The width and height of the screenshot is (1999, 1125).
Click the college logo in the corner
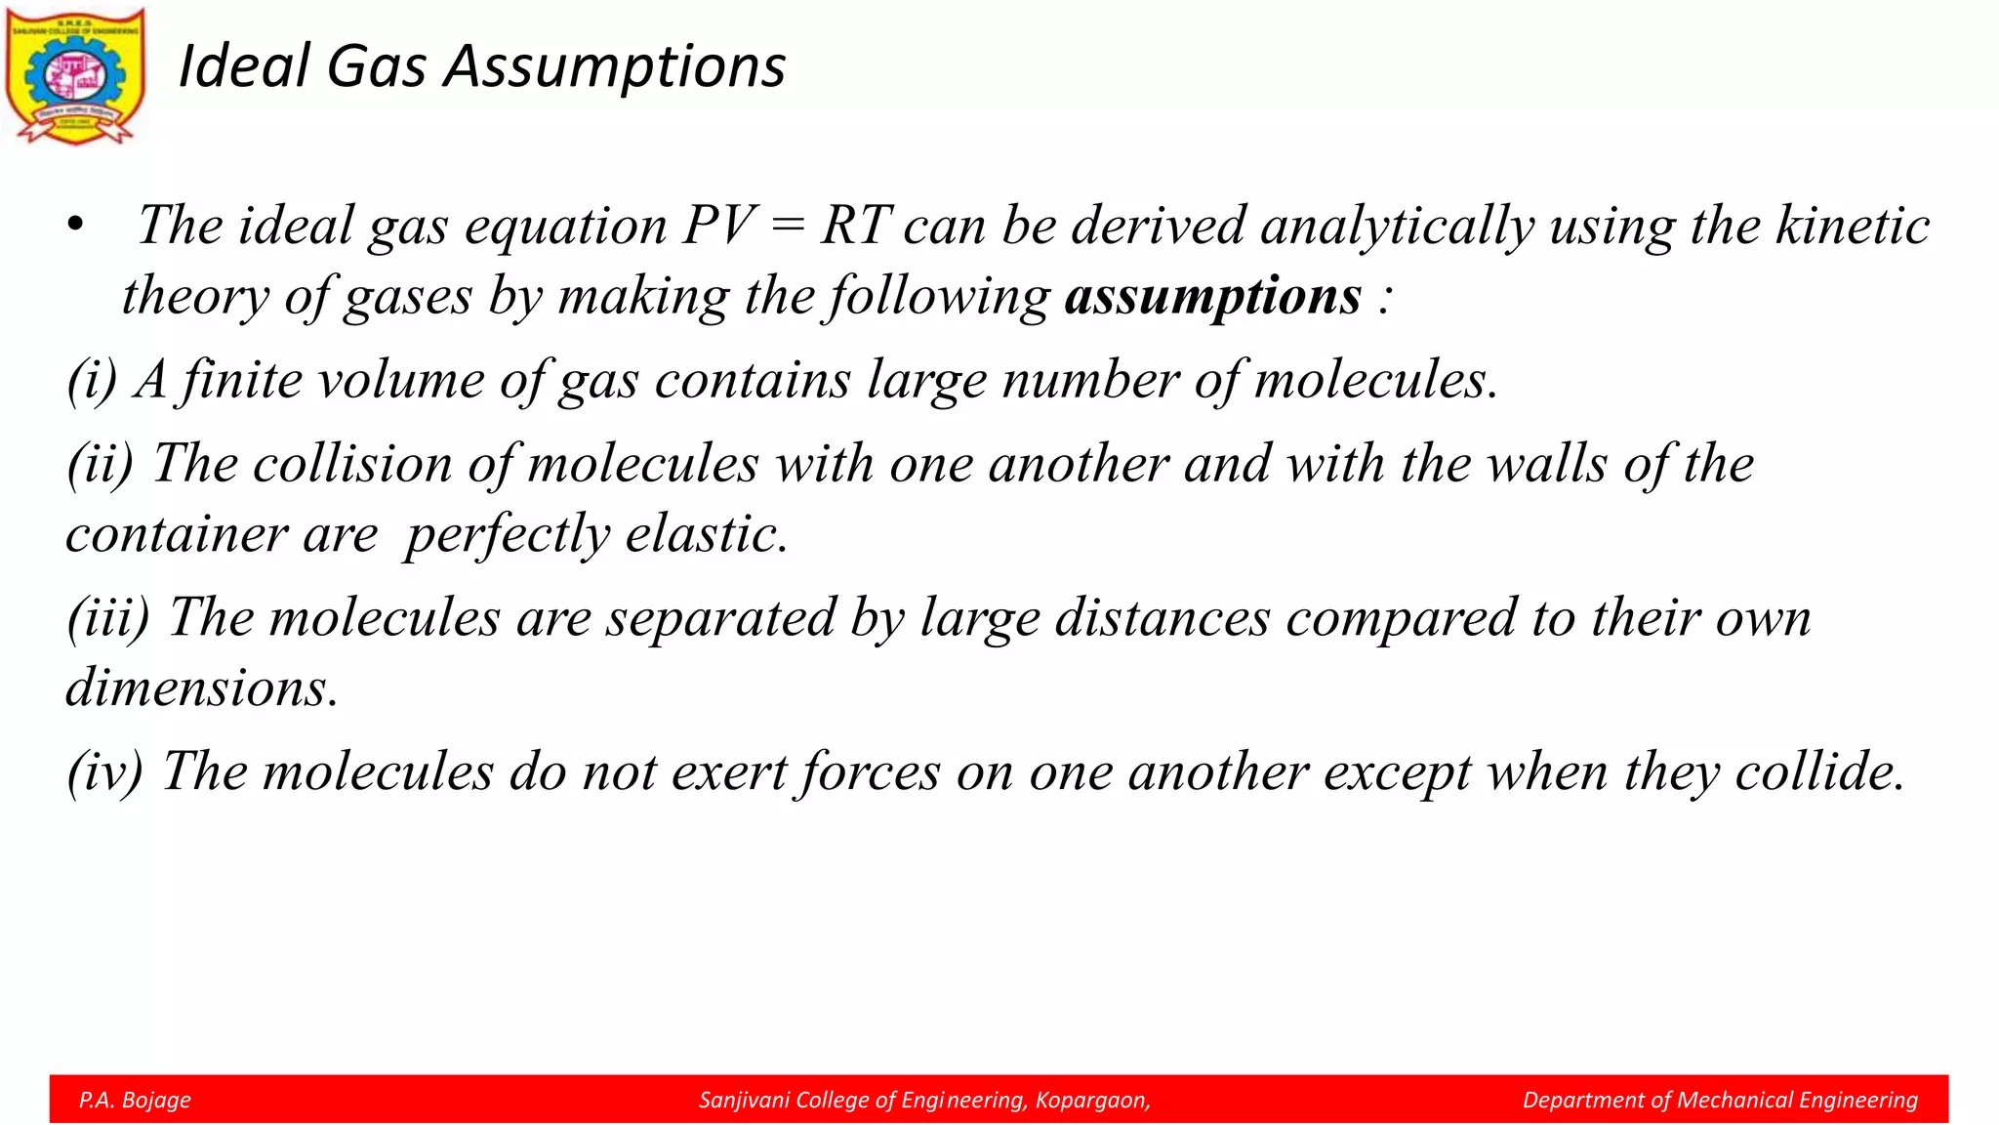75,76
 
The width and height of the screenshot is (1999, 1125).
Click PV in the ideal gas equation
718,226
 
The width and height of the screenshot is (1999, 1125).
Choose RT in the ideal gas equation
855,226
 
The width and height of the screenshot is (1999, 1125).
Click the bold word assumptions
1212,296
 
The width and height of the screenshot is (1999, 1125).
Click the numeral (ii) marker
101,463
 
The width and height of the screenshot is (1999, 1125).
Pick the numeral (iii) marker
108,617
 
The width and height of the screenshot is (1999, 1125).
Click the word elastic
706,534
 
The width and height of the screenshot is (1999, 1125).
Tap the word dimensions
201,687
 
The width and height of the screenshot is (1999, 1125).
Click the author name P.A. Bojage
135,1100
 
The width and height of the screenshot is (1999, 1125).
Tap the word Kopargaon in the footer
1092,1100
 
